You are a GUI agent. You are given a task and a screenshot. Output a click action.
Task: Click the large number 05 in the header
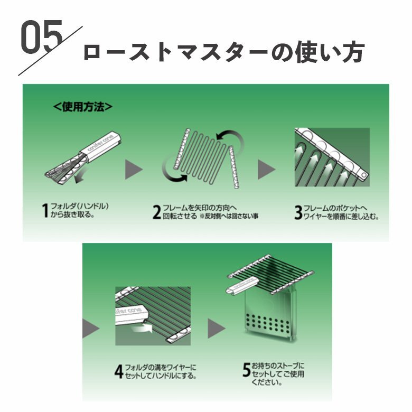[42, 37]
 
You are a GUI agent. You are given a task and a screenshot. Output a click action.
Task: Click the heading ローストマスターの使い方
[224, 52]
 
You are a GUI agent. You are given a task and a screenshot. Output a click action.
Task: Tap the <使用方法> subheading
[83, 107]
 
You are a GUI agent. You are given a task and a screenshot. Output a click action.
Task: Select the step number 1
[45, 210]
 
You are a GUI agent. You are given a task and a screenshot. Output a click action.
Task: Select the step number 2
[156, 212]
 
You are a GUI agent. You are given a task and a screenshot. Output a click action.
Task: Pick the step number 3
[298, 212]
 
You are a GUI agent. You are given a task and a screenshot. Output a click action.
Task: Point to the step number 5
[247, 370]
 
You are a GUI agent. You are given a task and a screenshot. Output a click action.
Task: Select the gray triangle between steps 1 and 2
[134, 170]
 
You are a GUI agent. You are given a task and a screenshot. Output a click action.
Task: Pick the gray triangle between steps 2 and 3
[266, 170]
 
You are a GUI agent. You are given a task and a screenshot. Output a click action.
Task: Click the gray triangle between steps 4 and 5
[217, 328]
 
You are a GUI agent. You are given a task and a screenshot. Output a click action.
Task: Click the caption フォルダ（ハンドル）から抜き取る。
[79, 210]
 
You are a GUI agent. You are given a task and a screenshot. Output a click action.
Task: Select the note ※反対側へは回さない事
[229, 216]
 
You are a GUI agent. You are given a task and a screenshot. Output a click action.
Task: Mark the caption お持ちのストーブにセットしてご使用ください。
[277, 374]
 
